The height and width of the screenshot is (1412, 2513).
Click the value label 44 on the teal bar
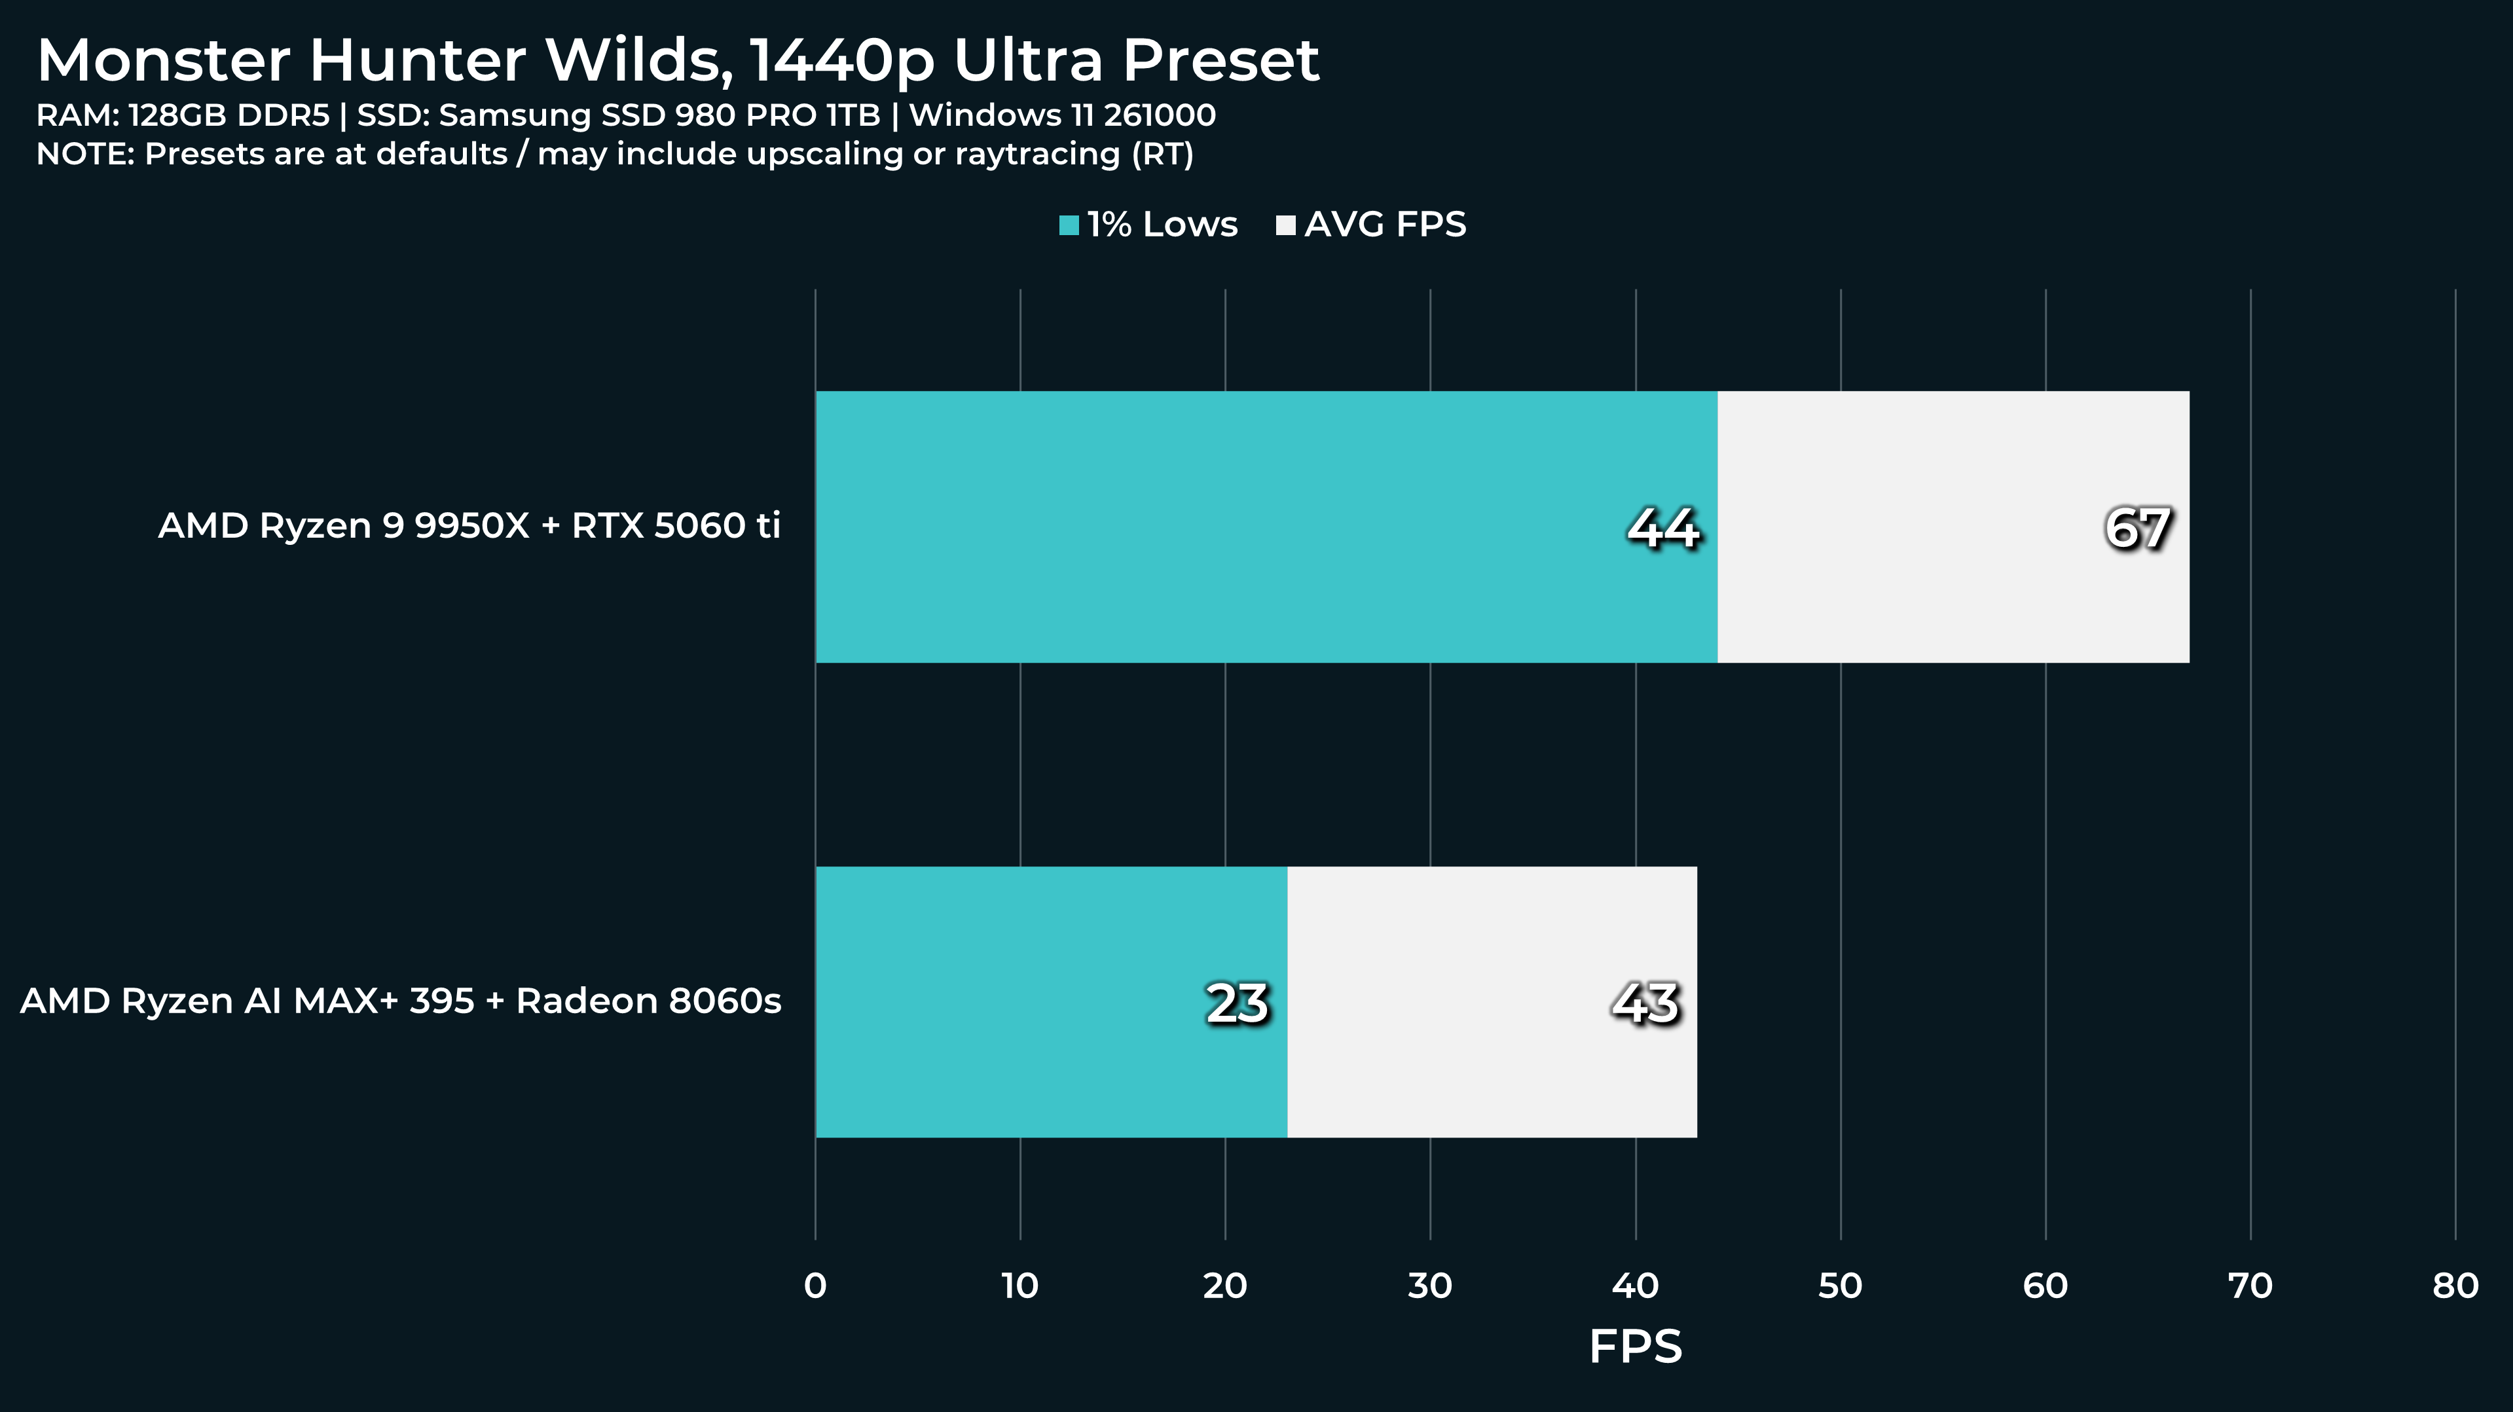tap(1663, 529)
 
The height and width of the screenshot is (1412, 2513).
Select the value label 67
tap(2137, 529)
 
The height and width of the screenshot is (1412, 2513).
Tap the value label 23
tap(1237, 1003)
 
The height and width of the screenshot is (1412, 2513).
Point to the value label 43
tap(1645, 1003)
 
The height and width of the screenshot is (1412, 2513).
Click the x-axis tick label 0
tap(816, 1286)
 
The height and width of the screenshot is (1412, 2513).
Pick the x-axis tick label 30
tap(1430, 1286)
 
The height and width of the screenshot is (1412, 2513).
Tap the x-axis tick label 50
tap(1840, 1286)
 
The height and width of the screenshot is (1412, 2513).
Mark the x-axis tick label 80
tap(2455, 1286)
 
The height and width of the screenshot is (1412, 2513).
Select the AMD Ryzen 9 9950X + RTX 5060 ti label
tap(469, 526)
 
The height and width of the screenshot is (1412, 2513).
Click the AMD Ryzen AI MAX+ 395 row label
tap(401, 1001)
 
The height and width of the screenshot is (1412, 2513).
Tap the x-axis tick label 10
tap(1020, 1286)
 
